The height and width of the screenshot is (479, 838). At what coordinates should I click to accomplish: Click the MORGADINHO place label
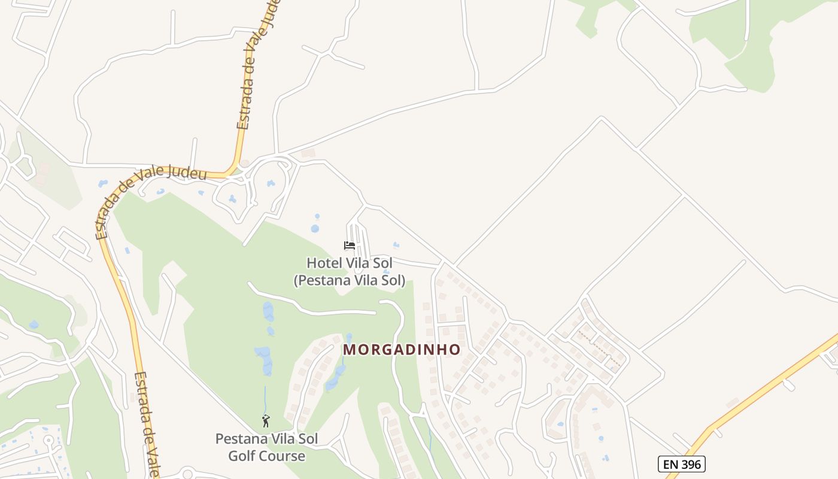point(402,350)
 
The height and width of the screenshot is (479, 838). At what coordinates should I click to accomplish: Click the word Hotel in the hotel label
point(324,263)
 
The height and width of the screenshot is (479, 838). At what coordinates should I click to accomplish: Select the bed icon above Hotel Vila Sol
point(350,245)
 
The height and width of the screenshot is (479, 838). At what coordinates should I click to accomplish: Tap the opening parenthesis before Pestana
point(296,280)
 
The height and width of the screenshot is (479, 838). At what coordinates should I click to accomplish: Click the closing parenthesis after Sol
point(403,280)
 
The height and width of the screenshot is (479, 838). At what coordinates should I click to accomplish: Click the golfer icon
point(266,420)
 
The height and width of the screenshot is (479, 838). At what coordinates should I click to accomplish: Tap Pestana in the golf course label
point(241,439)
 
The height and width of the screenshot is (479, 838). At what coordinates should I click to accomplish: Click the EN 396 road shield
point(682,463)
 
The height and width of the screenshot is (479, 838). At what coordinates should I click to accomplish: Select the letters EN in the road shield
point(670,463)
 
